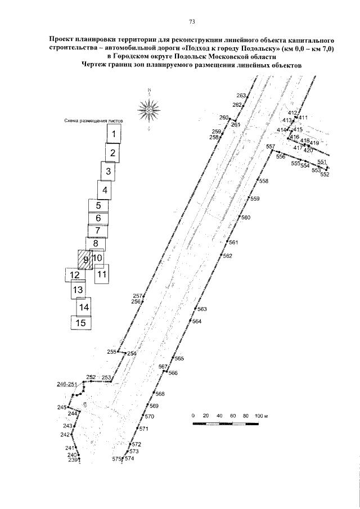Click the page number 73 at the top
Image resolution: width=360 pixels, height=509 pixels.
pyautogui.click(x=192, y=22)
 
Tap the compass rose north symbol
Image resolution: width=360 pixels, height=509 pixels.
pyautogui.click(x=148, y=110)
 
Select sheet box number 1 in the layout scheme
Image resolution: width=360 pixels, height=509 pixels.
pyautogui.click(x=114, y=134)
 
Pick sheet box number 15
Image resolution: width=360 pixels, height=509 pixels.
pyautogui.click(x=81, y=323)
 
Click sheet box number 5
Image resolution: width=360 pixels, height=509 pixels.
pyautogui.click(x=98, y=206)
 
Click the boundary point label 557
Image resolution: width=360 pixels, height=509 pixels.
pyautogui.click(x=271, y=147)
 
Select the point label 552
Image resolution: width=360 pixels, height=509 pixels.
pyautogui.click(x=325, y=175)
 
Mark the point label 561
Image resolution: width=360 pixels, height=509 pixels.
pyautogui.click(x=233, y=242)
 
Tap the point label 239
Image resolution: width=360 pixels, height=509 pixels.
pyautogui.click(x=72, y=460)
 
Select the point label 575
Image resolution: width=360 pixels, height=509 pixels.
pyautogui.click(x=116, y=459)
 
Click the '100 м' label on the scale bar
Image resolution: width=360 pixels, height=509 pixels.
pyautogui.click(x=263, y=415)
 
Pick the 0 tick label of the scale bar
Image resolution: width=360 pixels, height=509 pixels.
pyautogui.click(x=193, y=415)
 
